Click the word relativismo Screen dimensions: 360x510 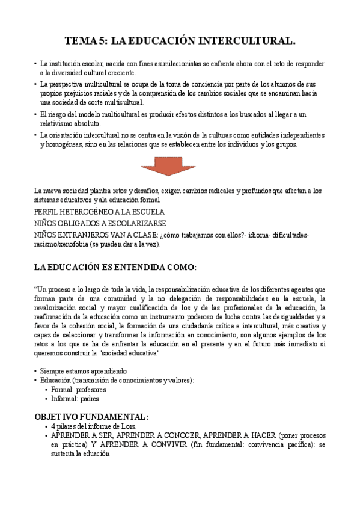pyautogui.click(x=58, y=123)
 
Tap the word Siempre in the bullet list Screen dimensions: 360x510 pyautogui.click(x=53, y=371)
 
